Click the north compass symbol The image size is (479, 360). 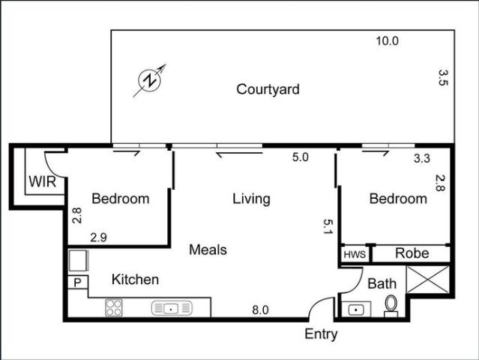click(149, 81)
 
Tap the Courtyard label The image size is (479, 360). click(268, 89)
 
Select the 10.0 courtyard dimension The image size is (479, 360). click(387, 40)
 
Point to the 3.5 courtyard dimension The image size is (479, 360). click(443, 77)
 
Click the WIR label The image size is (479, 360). click(43, 181)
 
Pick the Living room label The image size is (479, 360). click(251, 199)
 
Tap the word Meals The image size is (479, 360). click(208, 250)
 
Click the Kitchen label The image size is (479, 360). click(136, 279)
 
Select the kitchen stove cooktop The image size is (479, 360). click(114, 307)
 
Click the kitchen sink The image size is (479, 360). click(172, 308)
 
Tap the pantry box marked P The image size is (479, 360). click(78, 283)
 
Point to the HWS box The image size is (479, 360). click(355, 254)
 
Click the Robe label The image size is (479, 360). click(412, 253)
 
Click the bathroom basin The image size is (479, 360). click(356, 310)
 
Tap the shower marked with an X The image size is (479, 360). click(428, 280)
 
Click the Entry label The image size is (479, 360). click(321, 334)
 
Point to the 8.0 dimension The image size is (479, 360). click(260, 310)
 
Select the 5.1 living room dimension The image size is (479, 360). click(328, 226)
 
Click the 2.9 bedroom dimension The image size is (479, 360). click(98, 238)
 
